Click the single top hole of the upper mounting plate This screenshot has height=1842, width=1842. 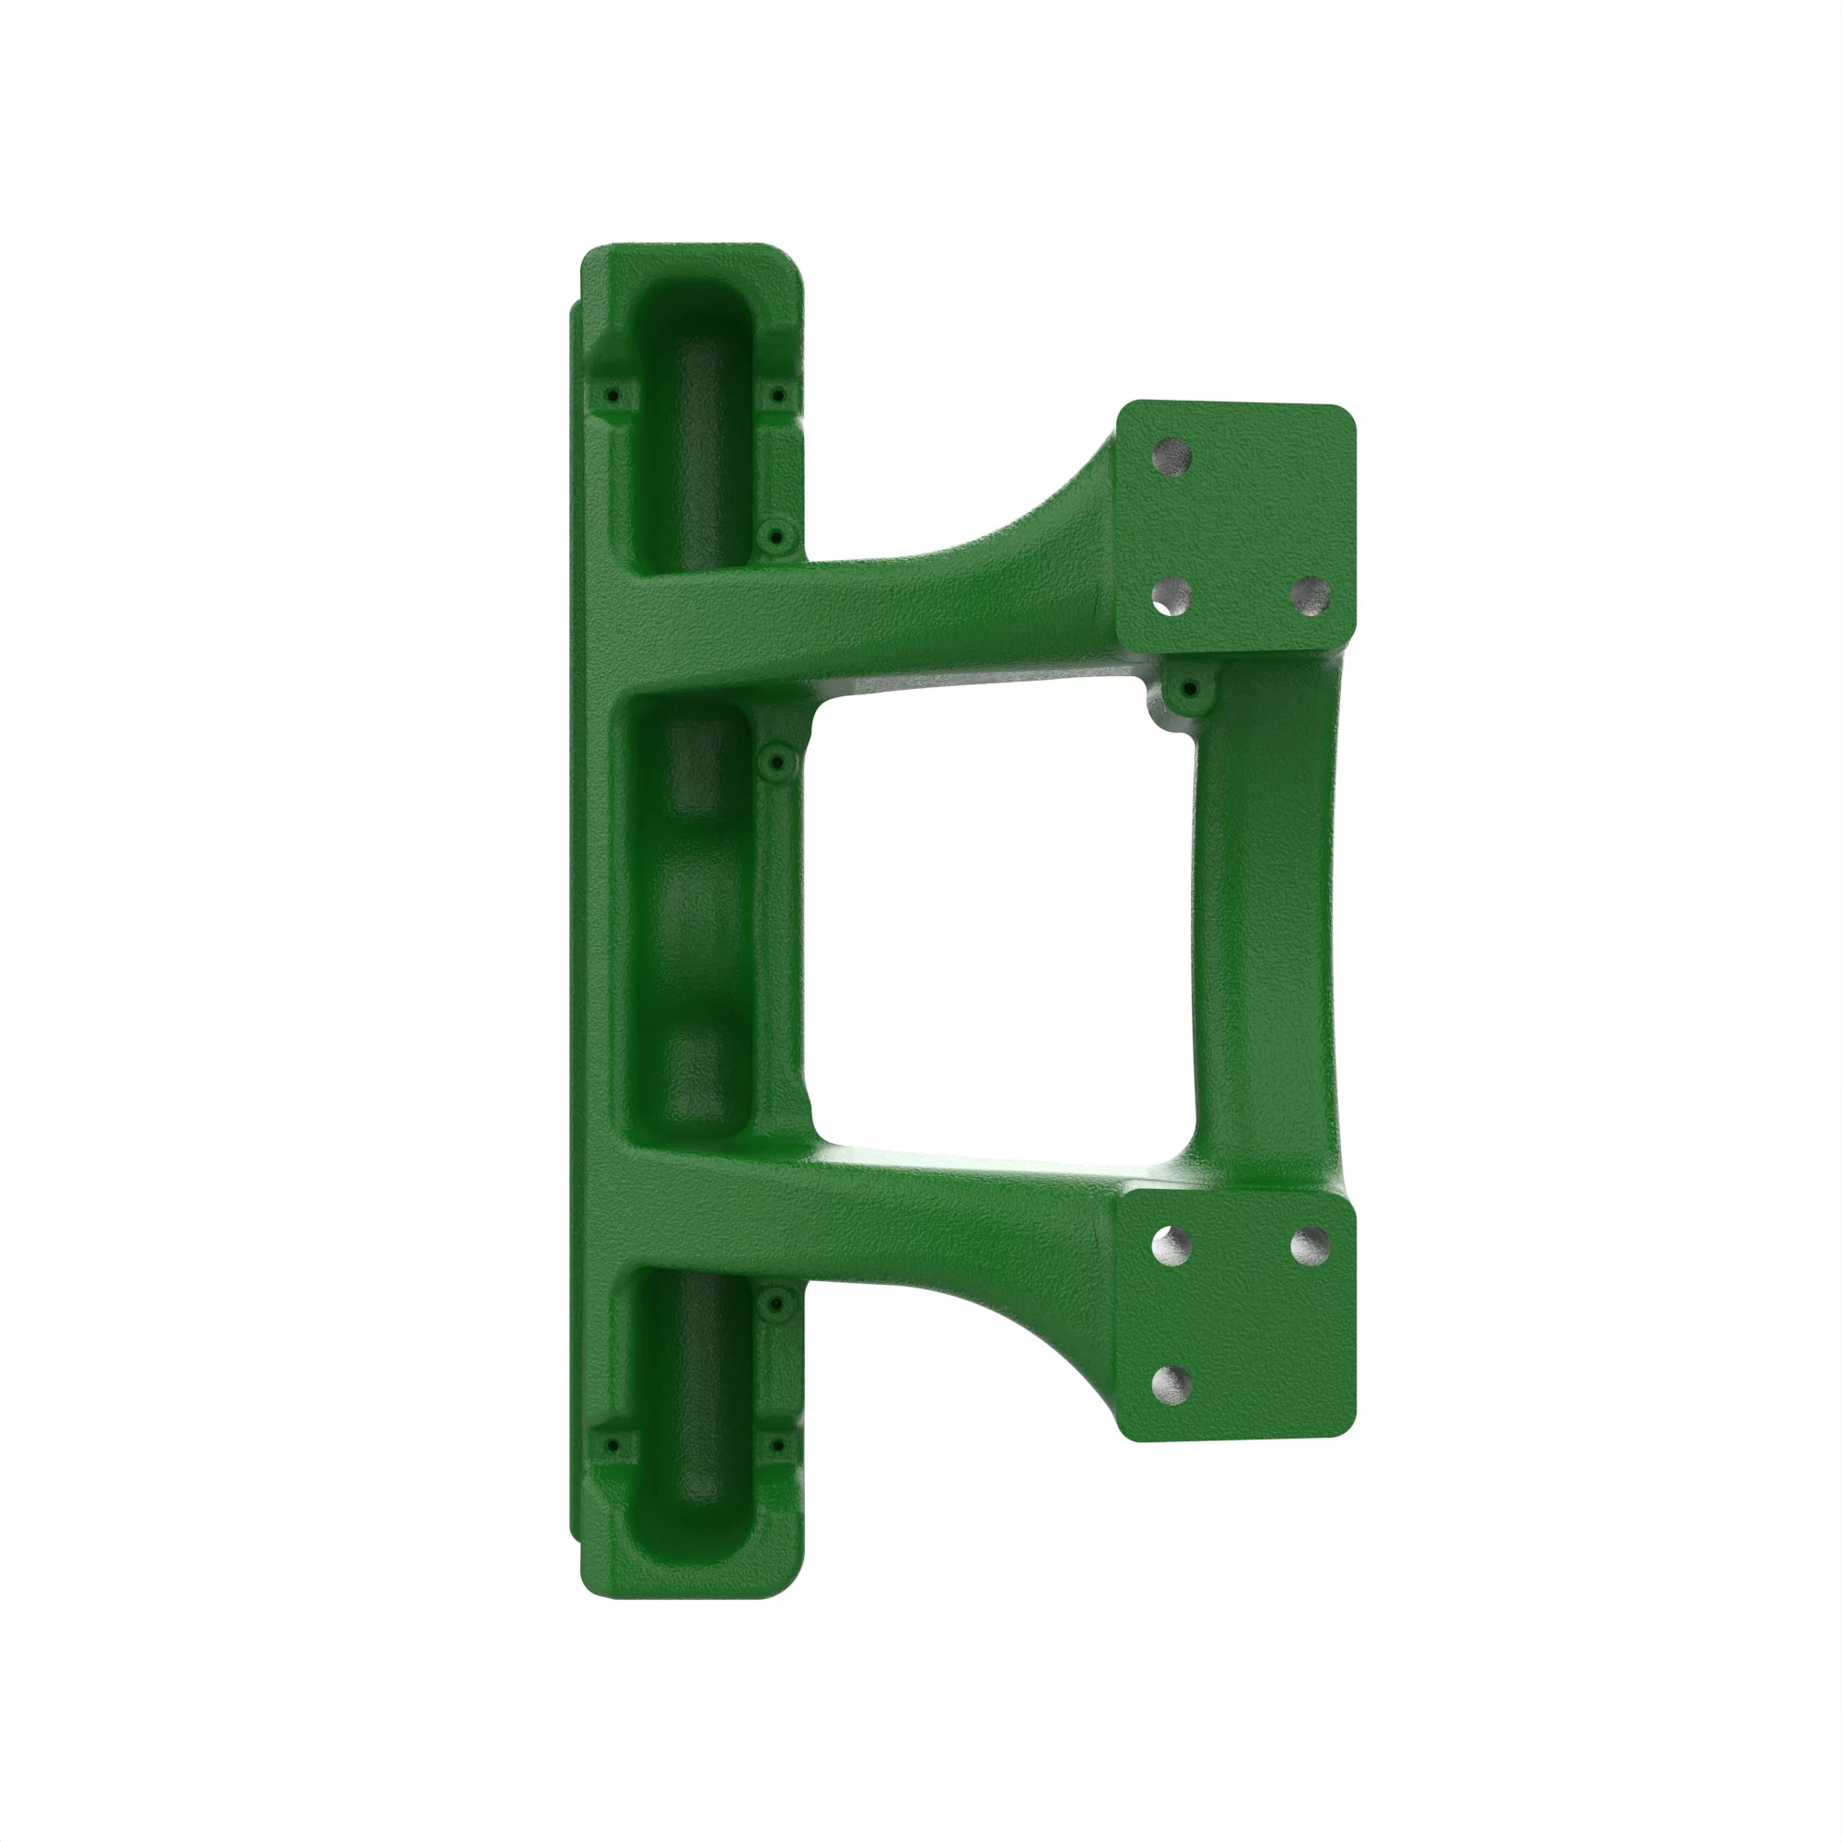tap(1172, 457)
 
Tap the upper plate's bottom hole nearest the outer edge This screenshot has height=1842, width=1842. tap(1310, 596)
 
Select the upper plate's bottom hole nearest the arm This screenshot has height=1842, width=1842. tap(1172, 598)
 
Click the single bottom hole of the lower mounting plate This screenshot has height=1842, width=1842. tap(1172, 1384)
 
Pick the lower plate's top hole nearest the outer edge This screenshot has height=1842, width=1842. tap(1310, 1244)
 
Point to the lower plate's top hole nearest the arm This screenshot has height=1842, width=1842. tap(1172, 1245)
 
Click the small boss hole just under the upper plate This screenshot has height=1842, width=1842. tap(1189, 688)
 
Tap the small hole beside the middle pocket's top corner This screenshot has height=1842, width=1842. tap(777, 762)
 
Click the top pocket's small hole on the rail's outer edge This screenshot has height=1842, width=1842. tap(612, 395)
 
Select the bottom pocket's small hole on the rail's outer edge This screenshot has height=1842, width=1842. tap(612, 1447)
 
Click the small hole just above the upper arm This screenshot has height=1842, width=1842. tap(775, 538)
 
